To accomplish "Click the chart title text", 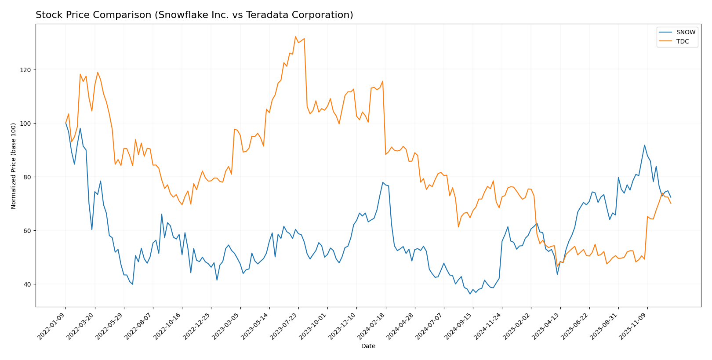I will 194,15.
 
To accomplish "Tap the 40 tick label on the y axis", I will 27,284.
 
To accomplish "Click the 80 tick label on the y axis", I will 27,177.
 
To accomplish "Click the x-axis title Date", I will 368,346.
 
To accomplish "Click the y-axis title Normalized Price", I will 14,166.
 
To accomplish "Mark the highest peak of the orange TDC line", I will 295,36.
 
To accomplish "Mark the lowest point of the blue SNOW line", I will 470,294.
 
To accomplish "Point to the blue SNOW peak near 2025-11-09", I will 644,145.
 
